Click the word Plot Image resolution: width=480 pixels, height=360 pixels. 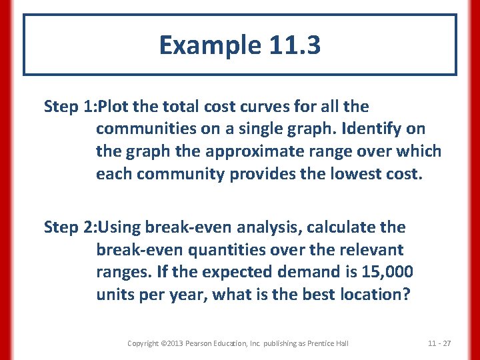(114, 107)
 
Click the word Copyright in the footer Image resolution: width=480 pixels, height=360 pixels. (143, 343)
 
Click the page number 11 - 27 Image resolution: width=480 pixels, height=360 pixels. (439, 343)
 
